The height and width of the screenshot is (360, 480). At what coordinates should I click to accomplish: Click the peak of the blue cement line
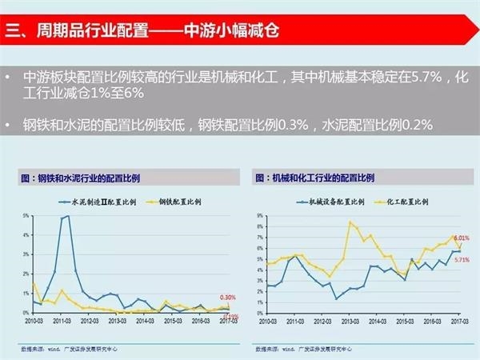coord(68,216)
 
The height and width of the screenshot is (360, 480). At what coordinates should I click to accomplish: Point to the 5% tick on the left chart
coord(26,217)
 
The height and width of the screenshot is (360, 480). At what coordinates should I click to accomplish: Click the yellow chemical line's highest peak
coord(350,222)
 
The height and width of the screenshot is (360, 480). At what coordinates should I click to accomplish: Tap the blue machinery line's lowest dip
coord(336,298)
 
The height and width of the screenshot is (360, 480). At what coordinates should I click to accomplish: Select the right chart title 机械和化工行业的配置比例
coord(319,177)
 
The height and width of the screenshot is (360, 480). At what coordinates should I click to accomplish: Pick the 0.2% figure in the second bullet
coord(414,125)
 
